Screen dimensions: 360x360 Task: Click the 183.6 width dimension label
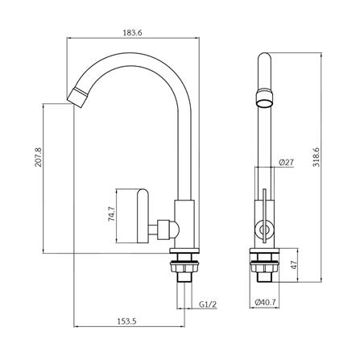pos(132,33)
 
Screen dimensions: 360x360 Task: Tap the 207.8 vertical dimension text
pos(39,157)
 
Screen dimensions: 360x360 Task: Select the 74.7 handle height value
pos(111,213)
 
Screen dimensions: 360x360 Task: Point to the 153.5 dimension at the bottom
pos(126,321)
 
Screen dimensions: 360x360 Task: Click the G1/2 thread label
pos(208,304)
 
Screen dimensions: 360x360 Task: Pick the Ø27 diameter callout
pos(287,162)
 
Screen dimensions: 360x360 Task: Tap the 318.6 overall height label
pos(317,157)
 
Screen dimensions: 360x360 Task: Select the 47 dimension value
pos(295,265)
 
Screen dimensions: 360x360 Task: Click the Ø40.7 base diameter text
pos(265,302)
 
